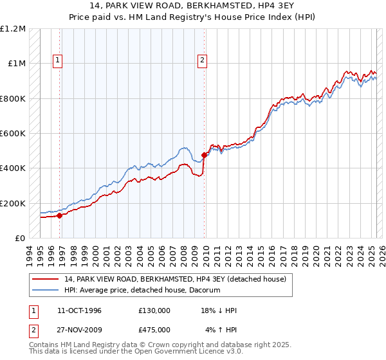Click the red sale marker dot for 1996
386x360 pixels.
pyautogui.click(x=59, y=215)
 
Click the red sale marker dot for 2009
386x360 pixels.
pyautogui.click(x=204, y=155)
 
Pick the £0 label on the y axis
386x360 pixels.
pyautogui.click(x=19, y=239)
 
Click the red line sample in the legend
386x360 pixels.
pyautogui.click(x=46, y=279)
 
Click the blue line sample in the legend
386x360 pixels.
pyautogui.click(x=46, y=290)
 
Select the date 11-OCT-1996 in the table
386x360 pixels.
pyautogui.click(x=79, y=310)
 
